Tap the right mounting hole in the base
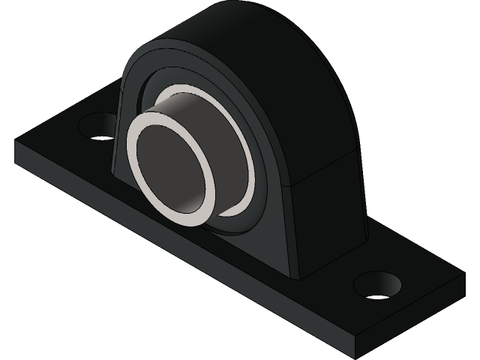[377, 284]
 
